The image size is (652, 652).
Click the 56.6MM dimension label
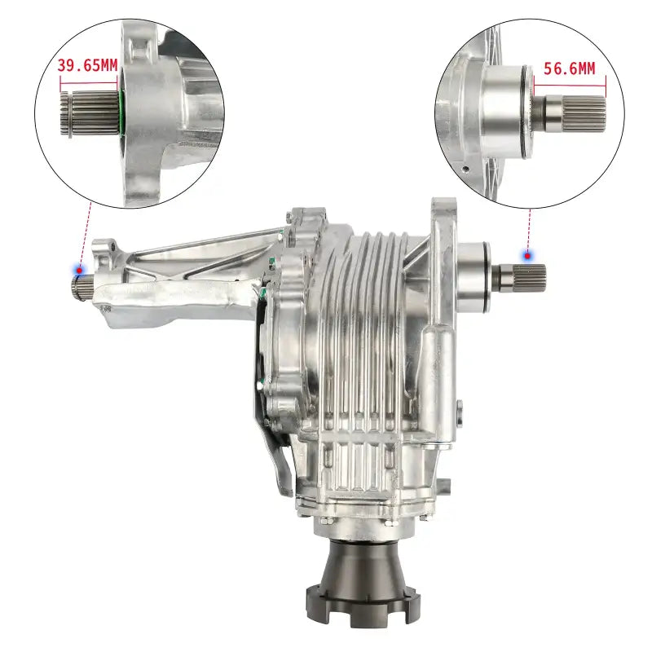coord(569,68)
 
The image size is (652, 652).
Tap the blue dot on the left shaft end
coord(80,268)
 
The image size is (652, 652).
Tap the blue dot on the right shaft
coord(528,255)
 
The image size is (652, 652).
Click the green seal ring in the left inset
coord(121,114)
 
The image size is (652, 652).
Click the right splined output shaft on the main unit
coord(522,276)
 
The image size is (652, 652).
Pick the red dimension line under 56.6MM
coord(569,83)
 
